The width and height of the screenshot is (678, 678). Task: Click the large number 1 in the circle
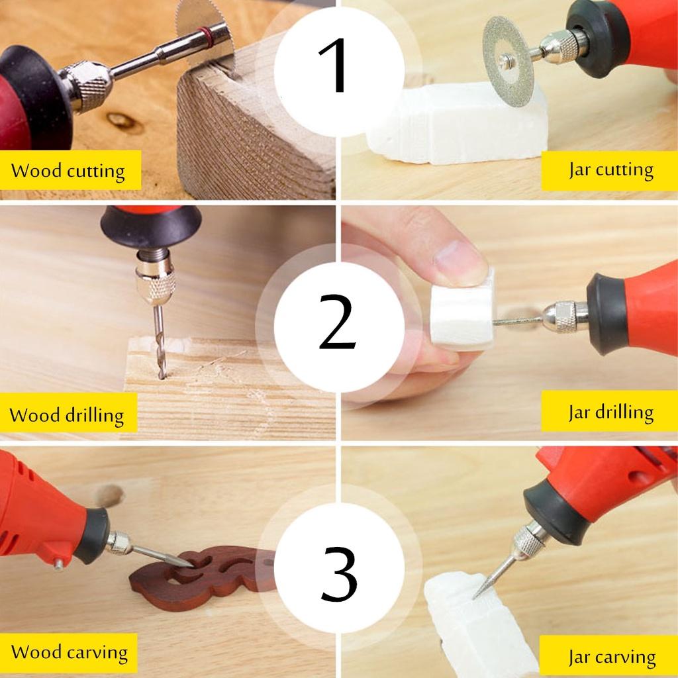pos(338,66)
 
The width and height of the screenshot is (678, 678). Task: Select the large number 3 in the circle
pos(339,573)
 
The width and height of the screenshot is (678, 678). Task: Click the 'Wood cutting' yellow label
pos(68,171)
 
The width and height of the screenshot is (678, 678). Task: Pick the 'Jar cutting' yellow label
pos(610,170)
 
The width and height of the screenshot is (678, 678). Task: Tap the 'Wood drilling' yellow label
pos(67,415)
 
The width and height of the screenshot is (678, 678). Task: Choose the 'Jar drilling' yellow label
pos(610,412)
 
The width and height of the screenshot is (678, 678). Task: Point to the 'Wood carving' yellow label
pos(69,652)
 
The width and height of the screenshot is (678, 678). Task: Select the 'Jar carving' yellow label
pos(610,657)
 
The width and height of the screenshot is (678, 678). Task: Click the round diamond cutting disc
pos(508,61)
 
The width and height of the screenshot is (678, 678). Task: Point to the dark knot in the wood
pos(124,121)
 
